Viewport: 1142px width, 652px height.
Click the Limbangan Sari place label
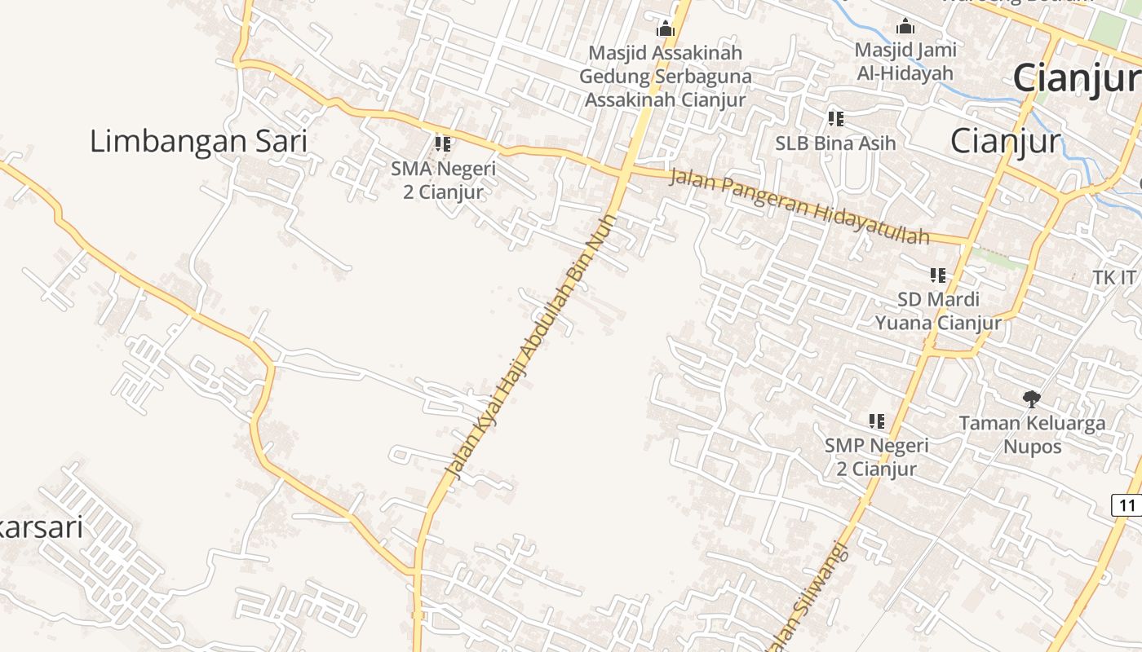[x=198, y=142]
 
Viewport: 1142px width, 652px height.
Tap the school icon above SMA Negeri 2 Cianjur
[x=443, y=144]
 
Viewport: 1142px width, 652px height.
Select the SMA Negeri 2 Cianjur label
[x=443, y=181]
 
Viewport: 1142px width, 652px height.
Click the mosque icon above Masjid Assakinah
[x=666, y=29]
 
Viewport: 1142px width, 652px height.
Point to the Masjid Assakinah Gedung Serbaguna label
[x=666, y=77]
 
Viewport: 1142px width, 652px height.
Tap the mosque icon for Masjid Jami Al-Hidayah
[x=905, y=27]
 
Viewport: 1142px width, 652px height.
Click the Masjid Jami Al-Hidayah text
[x=905, y=61]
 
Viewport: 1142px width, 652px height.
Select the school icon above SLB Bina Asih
[x=835, y=119]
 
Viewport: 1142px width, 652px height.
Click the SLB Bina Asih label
[x=835, y=143]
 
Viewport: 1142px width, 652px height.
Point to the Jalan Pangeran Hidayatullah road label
[x=799, y=207]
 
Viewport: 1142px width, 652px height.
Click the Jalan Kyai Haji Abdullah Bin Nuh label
[x=530, y=346]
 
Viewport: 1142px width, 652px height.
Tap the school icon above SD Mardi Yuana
[x=938, y=275]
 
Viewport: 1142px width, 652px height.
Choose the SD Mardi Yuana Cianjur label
[x=938, y=311]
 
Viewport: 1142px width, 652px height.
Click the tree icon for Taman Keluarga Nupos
[x=1032, y=399]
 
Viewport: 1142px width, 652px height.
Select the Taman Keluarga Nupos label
[x=1032, y=434]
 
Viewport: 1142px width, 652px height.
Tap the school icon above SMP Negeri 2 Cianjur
[x=877, y=421]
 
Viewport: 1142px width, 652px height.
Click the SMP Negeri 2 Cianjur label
[x=877, y=457]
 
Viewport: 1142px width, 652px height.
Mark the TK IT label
[x=1114, y=278]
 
